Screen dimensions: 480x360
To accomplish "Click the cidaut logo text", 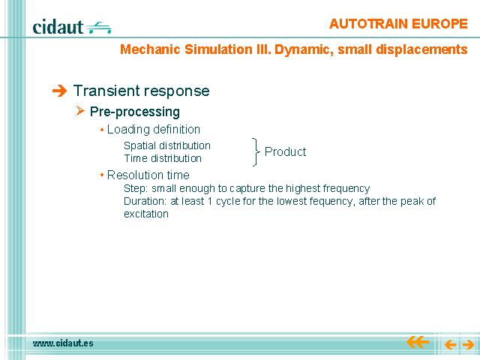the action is click(x=58, y=27).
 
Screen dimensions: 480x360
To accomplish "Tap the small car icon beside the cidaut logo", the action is click(x=98, y=27).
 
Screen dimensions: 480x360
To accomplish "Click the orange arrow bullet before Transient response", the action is click(x=59, y=91).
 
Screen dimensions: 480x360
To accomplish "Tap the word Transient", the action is click(x=106, y=91).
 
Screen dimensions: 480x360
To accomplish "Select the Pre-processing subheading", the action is click(x=135, y=112).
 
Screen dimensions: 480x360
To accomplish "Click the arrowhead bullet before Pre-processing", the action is click(x=80, y=110).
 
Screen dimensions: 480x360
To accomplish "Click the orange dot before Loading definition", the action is click(x=102, y=130).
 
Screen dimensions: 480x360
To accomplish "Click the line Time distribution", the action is click(x=163, y=158).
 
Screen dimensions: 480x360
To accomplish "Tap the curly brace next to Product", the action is click(x=256, y=151).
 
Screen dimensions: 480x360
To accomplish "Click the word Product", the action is click(x=285, y=151).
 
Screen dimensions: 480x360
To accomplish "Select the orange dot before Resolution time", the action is click(x=102, y=175).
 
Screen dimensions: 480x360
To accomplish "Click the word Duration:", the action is click(x=145, y=201).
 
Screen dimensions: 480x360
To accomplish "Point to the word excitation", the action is click(x=146, y=214).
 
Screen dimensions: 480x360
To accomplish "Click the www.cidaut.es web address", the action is click(x=63, y=343).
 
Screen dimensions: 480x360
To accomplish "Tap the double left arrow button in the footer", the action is click(x=418, y=342).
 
